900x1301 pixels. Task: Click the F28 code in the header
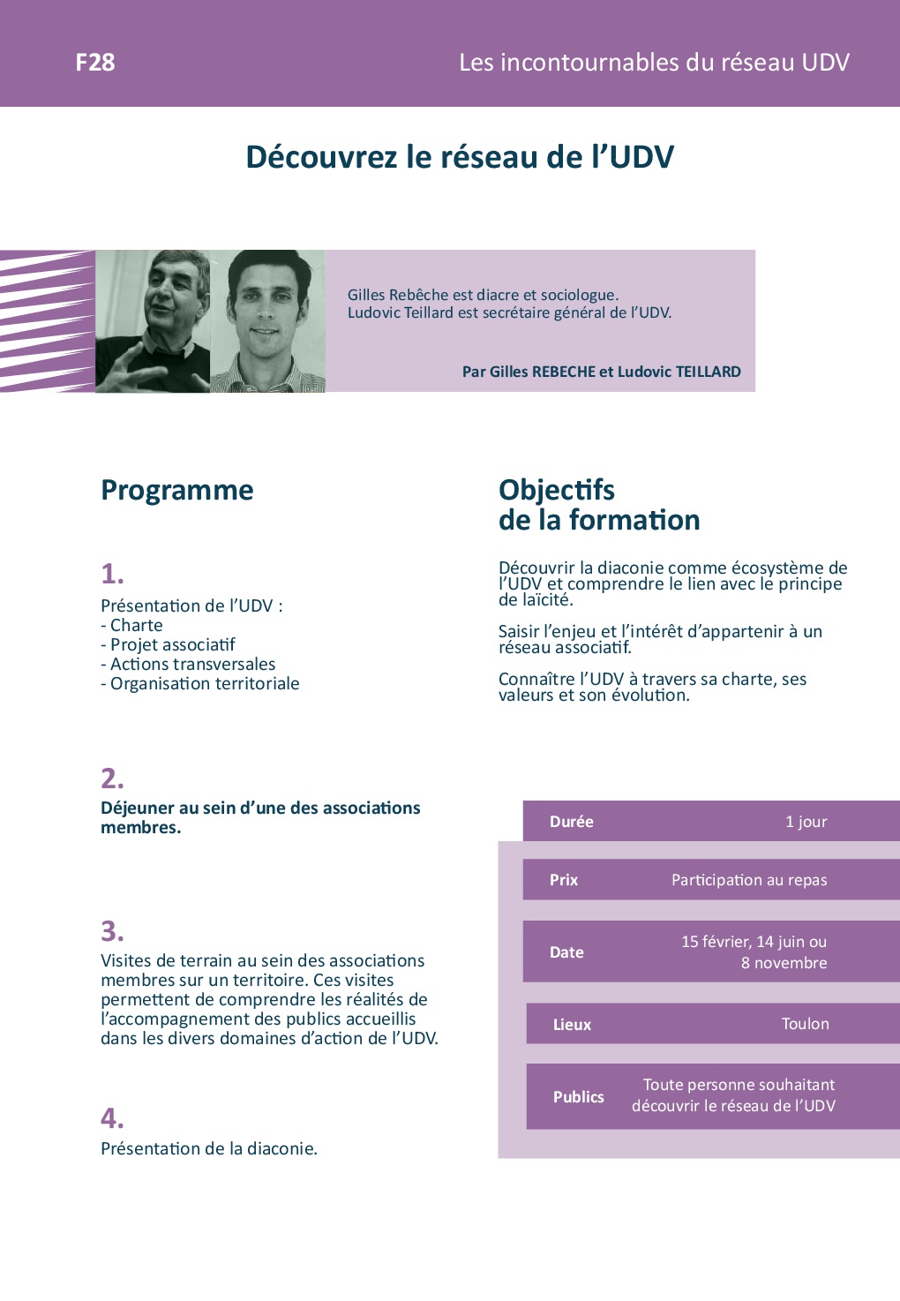coord(95,62)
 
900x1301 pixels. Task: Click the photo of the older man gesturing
coord(153,321)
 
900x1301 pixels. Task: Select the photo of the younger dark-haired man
coord(267,321)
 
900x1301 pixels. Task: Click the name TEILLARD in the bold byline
coord(708,372)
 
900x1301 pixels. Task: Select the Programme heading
coord(177,490)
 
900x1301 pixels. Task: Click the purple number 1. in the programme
coord(112,574)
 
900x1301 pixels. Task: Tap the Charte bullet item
coord(131,626)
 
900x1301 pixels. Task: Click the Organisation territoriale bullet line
coord(200,684)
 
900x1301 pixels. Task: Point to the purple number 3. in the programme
coord(112,931)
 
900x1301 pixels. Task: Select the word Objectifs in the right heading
coord(556,490)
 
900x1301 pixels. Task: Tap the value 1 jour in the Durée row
coord(806,822)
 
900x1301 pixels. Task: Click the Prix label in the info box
coord(564,880)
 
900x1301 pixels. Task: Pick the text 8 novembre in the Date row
coord(784,963)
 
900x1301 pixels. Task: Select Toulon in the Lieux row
coord(805,1023)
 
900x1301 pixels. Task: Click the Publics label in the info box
coord(578,1096)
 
